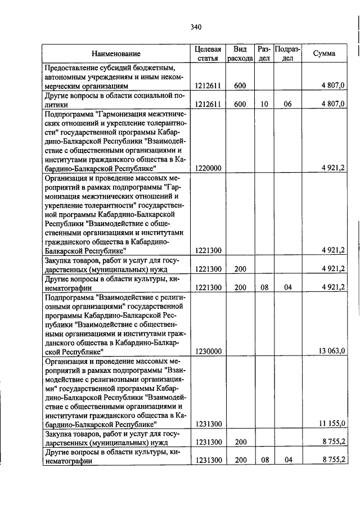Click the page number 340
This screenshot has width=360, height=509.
[x=196, y=27]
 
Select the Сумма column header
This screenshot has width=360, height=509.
[x=325, y=53]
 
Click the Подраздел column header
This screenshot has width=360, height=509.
[x=287, y=53]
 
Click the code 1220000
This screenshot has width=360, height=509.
[x=208, y=168]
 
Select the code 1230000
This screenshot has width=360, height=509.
[x=208, y=351]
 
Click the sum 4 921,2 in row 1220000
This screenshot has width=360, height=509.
[x=334, y=168]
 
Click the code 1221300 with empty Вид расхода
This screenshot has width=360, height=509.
[x=208, y=250]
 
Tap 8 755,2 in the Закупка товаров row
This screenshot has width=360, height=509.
[x=334, y=442]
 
